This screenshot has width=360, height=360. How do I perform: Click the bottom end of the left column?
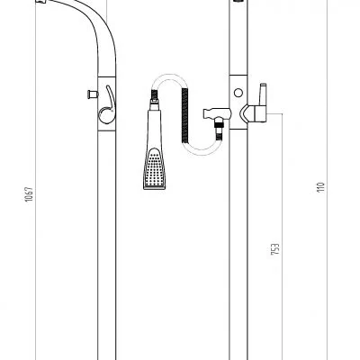104,354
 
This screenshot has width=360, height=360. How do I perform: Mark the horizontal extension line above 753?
270,115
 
